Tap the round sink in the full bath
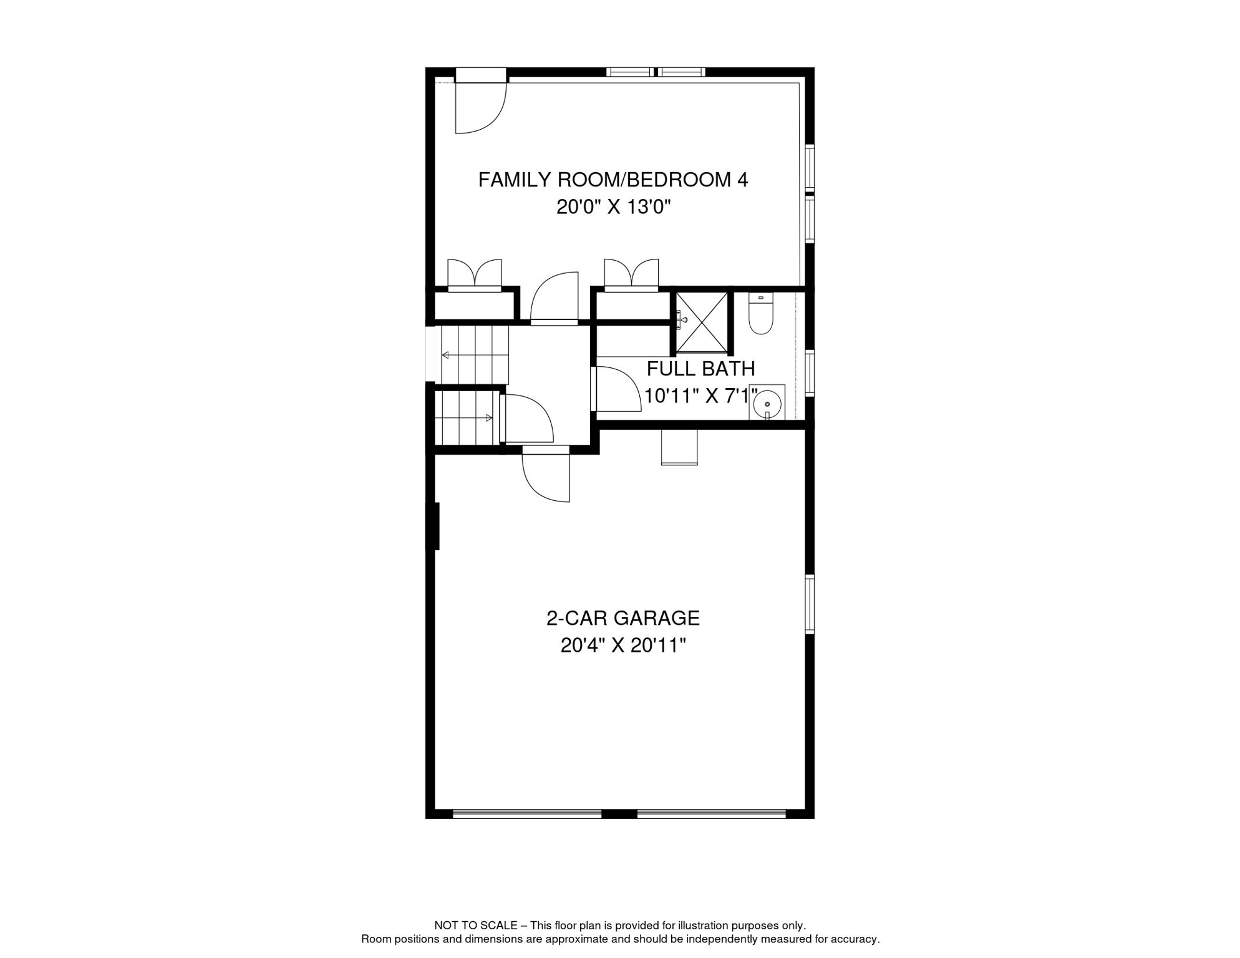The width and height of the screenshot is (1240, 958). (x=767, y=404)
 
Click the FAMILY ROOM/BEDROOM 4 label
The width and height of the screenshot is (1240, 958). (x=613, y=180)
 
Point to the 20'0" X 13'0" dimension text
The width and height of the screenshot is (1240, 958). (x=613, y=207)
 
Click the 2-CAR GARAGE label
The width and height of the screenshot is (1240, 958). (x=622, y=618)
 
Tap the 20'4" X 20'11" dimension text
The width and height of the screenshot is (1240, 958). (x=622, y=646)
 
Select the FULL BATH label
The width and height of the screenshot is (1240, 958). (x=700, y=369)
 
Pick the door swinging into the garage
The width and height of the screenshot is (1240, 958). (x=547, y=477)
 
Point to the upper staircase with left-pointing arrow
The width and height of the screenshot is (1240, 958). (x=474, y=355)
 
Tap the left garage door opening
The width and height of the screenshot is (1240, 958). (x=527, y=813)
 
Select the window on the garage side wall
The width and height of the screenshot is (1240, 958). (x=810, y=604)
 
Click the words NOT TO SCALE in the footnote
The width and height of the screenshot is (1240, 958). (x=475, y=926)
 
